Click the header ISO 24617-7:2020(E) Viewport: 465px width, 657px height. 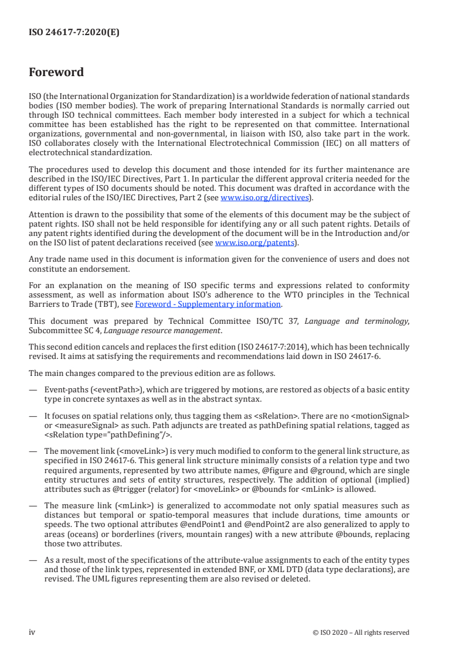click(x=74, y=33)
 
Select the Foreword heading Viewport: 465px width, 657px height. click(x=56, y=73)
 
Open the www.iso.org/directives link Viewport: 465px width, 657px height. click(x=264, y=198)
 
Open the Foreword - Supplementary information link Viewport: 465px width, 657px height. click(x=208, y=304)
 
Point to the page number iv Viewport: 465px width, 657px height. click(x=32, y=632)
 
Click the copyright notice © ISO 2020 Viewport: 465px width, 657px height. click(x=369, y=632)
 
